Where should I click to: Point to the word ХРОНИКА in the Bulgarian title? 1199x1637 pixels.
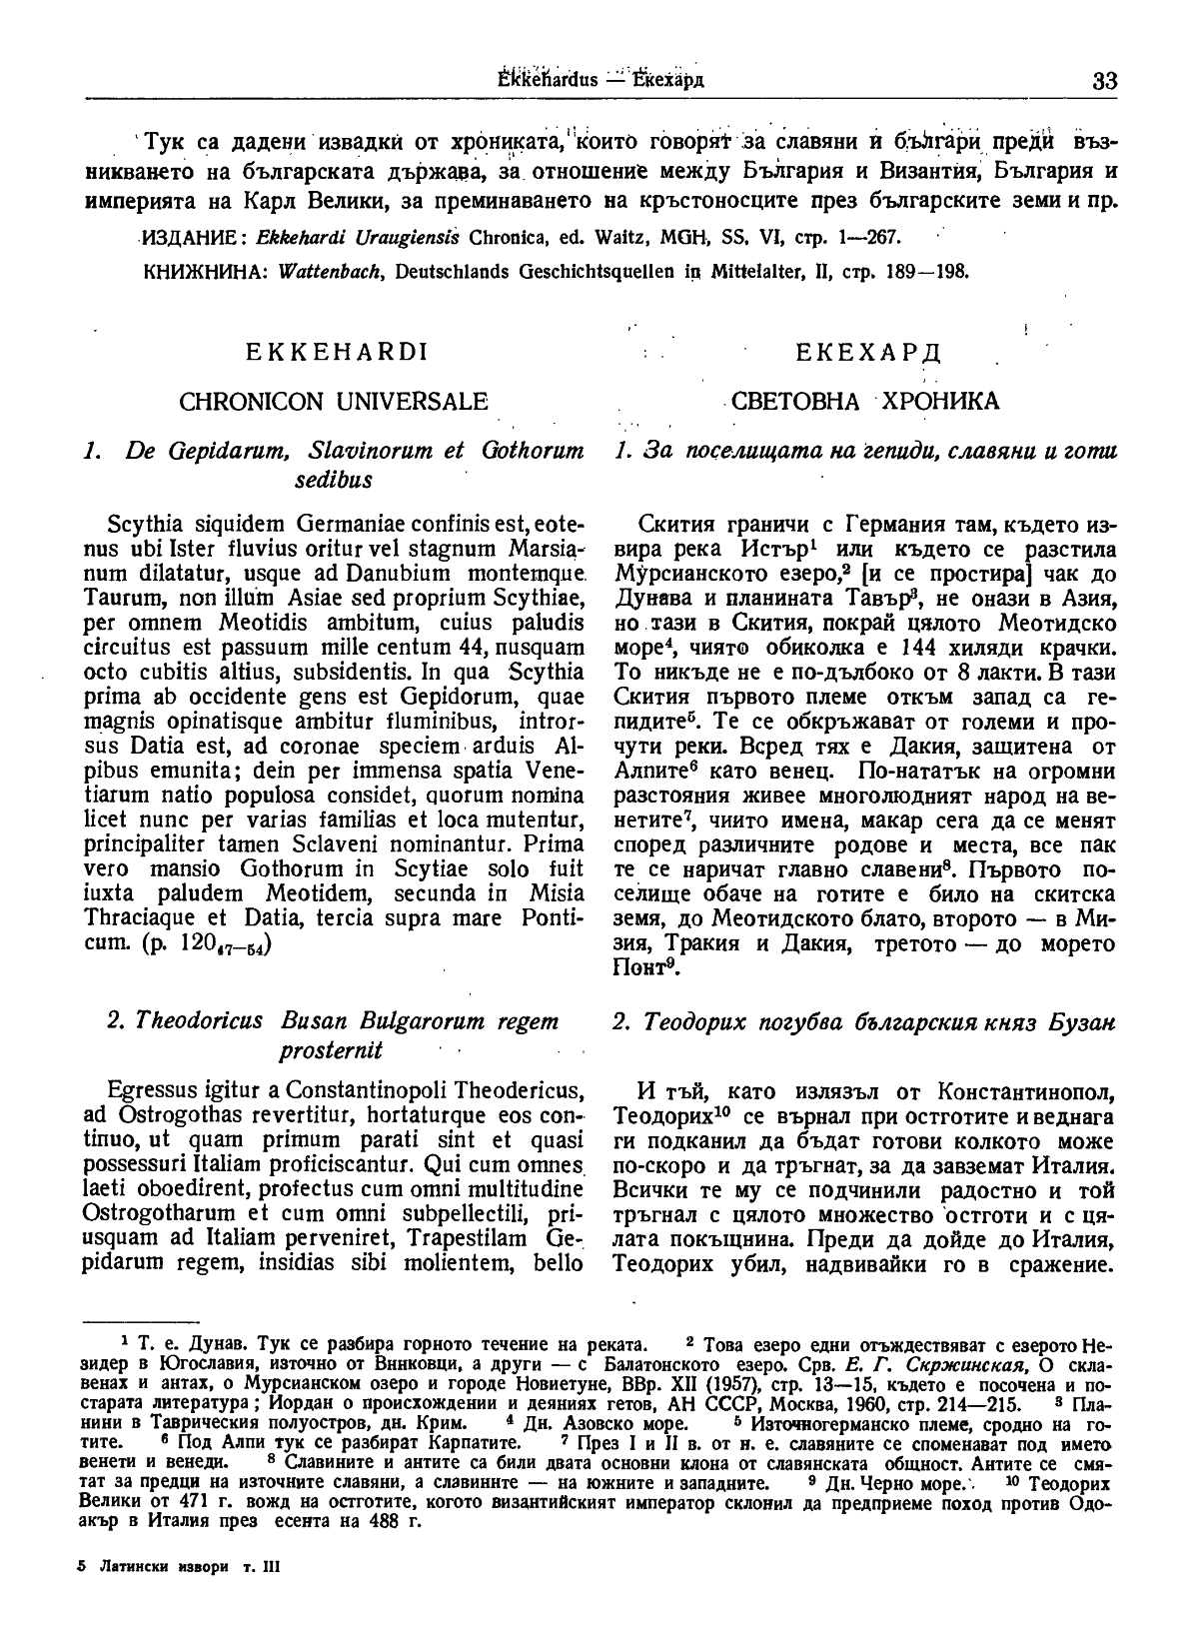point(939,402)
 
